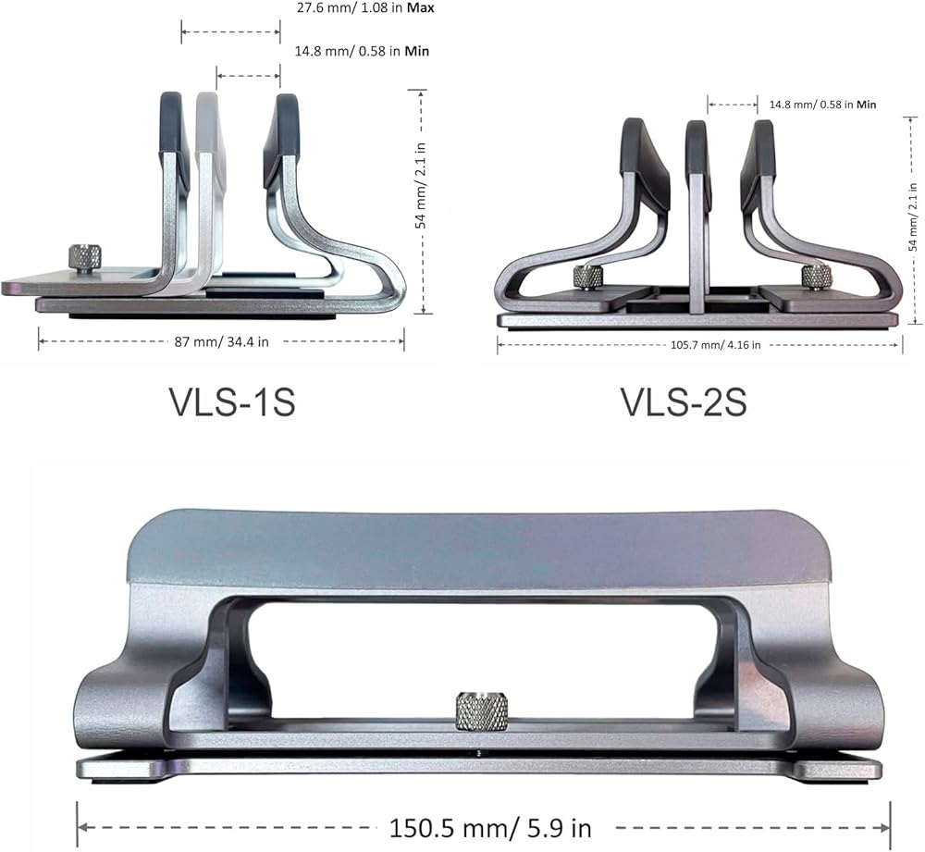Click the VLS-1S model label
[x=232, y=402]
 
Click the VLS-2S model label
[x=684, y=402]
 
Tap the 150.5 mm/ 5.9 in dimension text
[x=489, y=828]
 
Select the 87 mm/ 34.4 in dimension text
[x=221, y=342]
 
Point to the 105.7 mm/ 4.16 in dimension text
[x=716, y=345]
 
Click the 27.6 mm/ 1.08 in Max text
[x=365, y=8]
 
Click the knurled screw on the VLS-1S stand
[x=85, y=258]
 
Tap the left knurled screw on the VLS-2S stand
[x=587, y=278]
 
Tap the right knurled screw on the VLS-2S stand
[x=816, y=278]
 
